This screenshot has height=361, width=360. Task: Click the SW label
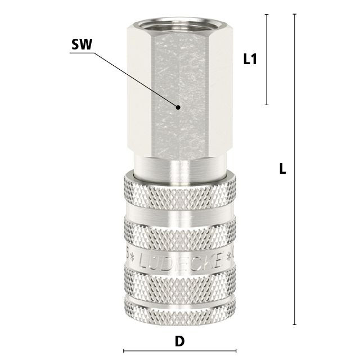point(82,44)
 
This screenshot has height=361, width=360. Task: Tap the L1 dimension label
point(250,59)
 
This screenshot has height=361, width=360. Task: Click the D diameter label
point(179,341)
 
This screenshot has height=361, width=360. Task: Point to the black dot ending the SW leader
point(178,107)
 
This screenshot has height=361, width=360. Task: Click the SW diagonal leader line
point(136,80)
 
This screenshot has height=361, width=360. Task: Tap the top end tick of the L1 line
point(267,14)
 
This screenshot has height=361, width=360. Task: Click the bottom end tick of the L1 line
point(267,105)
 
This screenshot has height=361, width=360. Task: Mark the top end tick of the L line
point(295,14)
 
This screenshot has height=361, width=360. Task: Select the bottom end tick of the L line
point(295,324)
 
